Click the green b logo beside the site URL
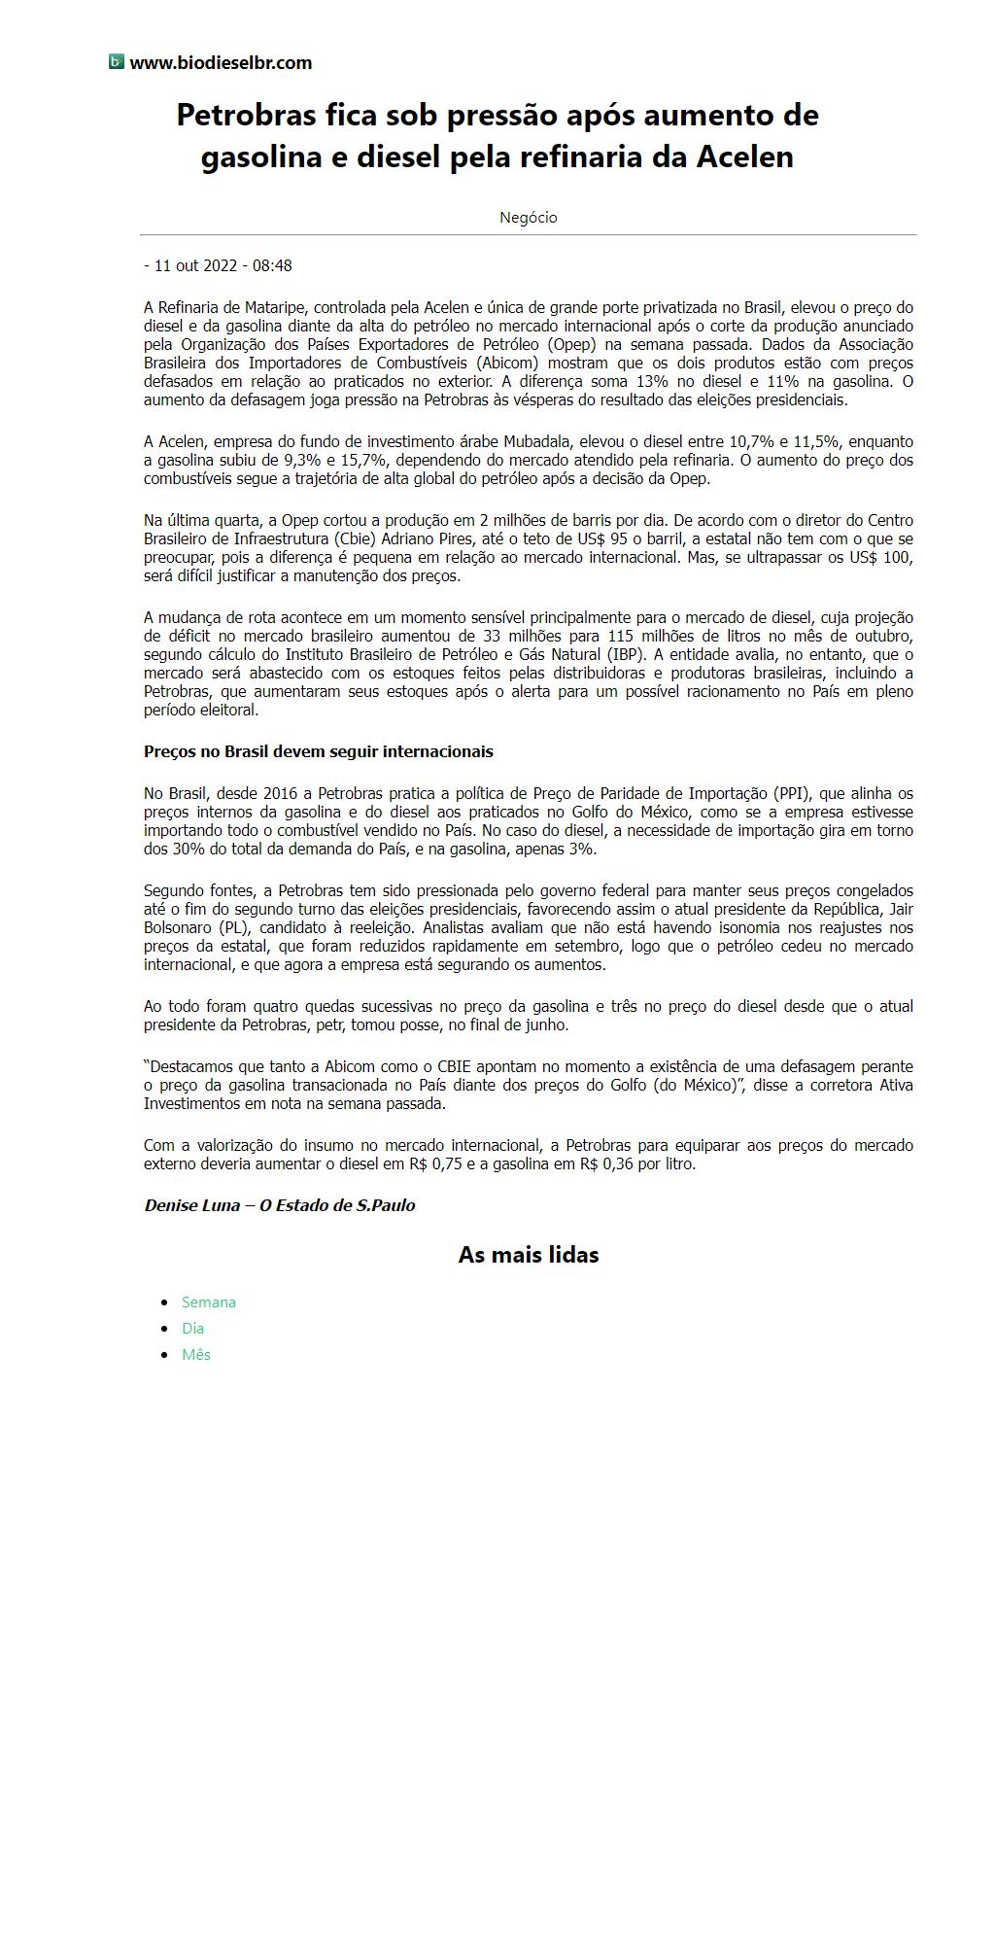117,62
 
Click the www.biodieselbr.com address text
221,63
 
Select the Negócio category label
528,218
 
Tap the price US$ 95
622,538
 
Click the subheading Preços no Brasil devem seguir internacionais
319,751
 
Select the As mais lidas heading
528,1255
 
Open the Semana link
209,1302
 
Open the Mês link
196,1355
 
